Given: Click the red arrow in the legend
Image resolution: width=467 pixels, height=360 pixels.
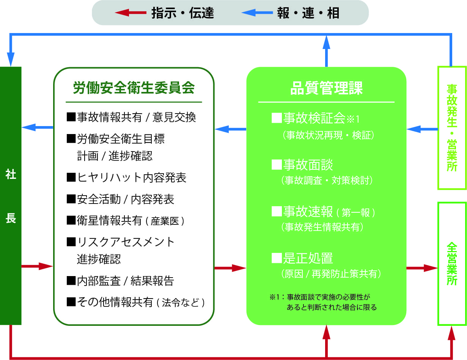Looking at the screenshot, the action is point(131,13).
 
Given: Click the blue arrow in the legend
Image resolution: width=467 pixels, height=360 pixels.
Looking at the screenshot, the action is point(257,13).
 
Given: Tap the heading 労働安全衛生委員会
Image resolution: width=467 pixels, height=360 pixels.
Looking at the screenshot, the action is point(134,88).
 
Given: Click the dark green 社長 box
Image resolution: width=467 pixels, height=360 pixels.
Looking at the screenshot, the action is point(11,196).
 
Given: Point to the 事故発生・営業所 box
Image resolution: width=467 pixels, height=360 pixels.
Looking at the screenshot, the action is point(452,128).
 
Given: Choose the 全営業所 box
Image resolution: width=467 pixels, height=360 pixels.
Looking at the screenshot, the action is point(452,264).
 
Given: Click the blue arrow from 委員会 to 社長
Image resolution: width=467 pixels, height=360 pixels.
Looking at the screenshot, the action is point(37,127).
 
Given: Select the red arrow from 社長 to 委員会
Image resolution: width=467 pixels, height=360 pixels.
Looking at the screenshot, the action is point(37,266).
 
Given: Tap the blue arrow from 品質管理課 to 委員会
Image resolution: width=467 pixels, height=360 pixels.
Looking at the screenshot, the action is point(230,129).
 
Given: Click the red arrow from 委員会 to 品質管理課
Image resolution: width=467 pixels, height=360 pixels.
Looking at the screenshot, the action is point(230,268).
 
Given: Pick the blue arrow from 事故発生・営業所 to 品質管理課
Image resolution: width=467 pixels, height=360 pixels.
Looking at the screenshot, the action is point(422,129).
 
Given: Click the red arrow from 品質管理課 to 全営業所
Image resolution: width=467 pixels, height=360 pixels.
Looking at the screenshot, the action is point(422,268).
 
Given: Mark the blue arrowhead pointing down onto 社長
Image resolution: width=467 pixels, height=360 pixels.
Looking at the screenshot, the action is point(11,59).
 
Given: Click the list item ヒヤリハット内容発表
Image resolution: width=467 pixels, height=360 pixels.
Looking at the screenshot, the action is point(126,178).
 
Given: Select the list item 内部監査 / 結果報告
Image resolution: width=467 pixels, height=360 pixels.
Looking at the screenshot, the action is point(120,281).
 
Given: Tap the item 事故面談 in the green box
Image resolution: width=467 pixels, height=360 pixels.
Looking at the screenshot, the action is point(302,165).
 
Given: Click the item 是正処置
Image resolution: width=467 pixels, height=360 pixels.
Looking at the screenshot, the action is point(302,258).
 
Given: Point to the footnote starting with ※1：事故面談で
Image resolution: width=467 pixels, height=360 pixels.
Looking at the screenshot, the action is point(323,302).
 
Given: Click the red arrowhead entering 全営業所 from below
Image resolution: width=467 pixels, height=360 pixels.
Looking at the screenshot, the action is point(451,333).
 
